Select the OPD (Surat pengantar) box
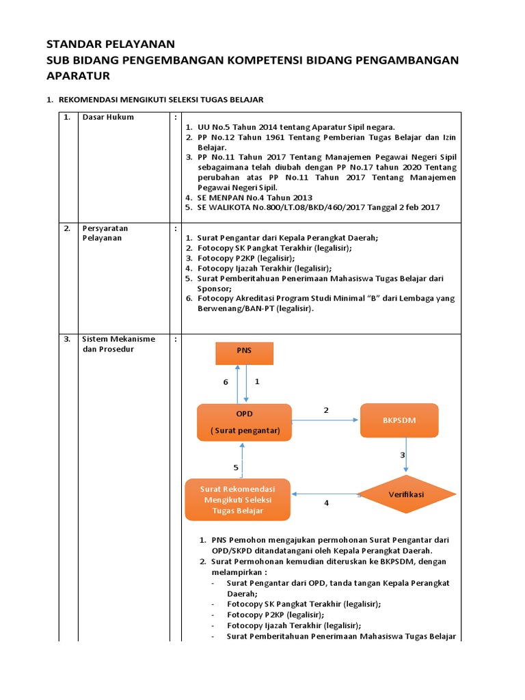coord(244,422)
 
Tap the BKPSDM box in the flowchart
coord(399,420)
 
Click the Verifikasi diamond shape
coord(407,493)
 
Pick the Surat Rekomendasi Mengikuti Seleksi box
coord(238,500)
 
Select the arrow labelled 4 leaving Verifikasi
coord(326,493)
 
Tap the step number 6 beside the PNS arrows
coord(226,382)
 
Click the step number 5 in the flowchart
coord(236,468)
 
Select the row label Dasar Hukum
coord(108,117)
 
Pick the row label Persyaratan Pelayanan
coord(105,233)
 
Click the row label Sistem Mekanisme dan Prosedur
coord(118,344)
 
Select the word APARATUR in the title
coord(78,75)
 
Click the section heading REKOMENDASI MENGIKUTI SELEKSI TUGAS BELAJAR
coord(161,100)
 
